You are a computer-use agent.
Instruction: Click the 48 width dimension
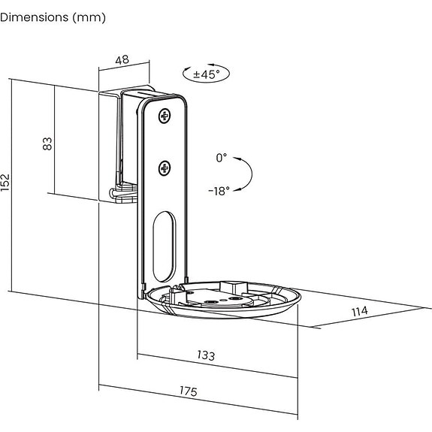pyautogui.click(x=122, y=60)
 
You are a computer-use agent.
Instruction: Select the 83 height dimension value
pyautogui.click(x=47, y=143)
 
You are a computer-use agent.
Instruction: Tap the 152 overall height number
pyautogui.click(x=5, y=183)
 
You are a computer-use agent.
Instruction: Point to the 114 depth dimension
pyautogui.click(x=360, y=311)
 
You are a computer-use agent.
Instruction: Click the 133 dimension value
pyautogui.click(x=206, y=355)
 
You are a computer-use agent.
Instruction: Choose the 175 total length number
pyautogui.click(x=189, y=391)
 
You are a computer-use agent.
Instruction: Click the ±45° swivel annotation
pyautogui.click(x=207, y=74)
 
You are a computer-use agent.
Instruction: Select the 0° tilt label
pyautogui.click(x=222, y=158)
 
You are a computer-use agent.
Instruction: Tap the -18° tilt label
pyautogui.click(x=219, y=191)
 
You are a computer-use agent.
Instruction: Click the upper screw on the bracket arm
pyautogui.click(x=165, y=116)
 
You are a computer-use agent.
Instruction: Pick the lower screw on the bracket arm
pyautogui.click(x=165, y=168)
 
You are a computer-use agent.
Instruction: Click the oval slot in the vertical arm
pyautogui.click(x=165, y=246)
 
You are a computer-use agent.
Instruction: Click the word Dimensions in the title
pyautogui.click(x=34, y=17)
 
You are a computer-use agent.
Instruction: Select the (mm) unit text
pyautogui.click(x=89, y=18)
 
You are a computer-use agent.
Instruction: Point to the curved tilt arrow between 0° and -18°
pyautogui.click(x=252, y=174)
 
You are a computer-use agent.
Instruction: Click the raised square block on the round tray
pyautogui.click(x=234, y=288)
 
